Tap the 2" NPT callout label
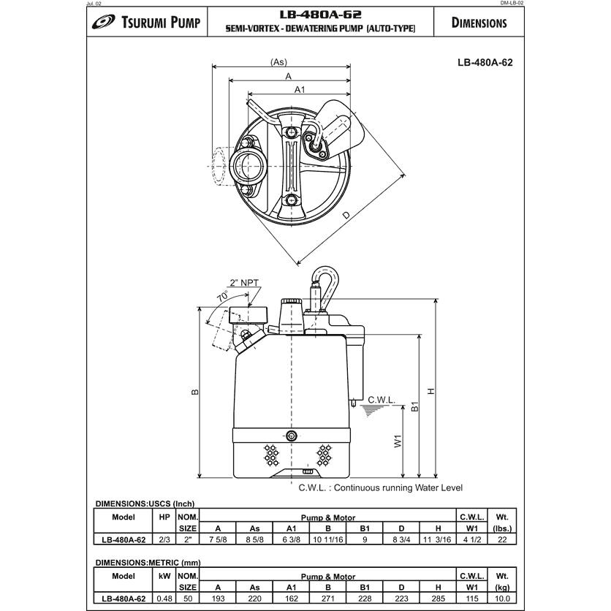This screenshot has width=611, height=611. point(245,282)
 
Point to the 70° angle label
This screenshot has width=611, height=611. point(222,297)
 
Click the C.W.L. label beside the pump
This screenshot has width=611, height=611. point(381,401)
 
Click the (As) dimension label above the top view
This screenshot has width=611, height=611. point(278,63)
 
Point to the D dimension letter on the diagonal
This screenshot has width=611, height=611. point(346,214)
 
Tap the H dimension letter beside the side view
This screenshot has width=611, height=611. point(432,391)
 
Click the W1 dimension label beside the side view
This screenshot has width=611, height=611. point(398,441)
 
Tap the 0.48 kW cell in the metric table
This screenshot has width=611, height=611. point(164,598)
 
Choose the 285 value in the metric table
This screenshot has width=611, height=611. point(438,598)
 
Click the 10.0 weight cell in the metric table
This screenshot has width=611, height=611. point(501,598)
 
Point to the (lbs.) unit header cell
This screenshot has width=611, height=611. point(501,527)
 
